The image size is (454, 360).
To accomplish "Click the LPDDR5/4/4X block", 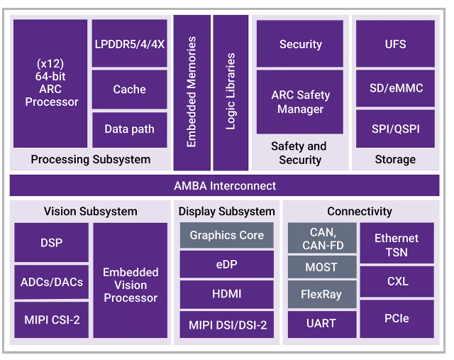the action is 129,43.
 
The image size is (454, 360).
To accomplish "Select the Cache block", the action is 129,89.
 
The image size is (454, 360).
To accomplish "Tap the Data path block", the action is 129,130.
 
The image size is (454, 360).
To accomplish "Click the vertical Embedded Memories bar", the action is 192,93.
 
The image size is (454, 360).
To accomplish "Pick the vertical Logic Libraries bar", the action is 231,93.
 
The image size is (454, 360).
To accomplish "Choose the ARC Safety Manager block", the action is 300,102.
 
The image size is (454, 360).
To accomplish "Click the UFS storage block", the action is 395,43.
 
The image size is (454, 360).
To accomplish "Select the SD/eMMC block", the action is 395,89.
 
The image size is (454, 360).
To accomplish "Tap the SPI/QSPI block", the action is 395,129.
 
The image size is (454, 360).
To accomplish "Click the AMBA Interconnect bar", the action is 224,185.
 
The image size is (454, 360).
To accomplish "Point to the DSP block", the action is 52,242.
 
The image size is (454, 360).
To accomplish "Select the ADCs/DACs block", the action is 52,282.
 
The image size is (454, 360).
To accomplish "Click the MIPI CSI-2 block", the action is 52,320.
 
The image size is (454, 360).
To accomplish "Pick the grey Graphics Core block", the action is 227,235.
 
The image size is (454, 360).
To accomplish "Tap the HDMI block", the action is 227,294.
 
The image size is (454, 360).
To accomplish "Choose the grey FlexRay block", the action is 322,294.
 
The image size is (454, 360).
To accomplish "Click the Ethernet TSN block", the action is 397,243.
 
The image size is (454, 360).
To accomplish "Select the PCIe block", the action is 397,319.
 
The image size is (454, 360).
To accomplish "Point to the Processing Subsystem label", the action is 91,160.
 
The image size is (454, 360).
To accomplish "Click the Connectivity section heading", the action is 360,212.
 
